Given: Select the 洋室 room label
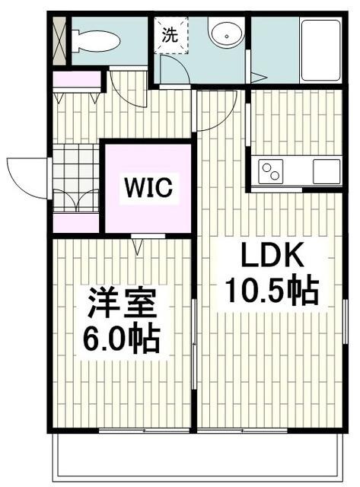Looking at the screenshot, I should pyautogui.click(x=122, y=305).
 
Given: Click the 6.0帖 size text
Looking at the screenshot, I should pyautogui.click(x=122, y=339).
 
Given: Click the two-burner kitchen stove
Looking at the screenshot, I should pyautogui.click(x=270, y=172).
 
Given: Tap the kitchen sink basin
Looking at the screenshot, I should pyautogui.click(x=326, y=170).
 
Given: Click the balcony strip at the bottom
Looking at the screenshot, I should pyautogui.click(x=198, y=457).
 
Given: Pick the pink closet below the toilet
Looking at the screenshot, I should pyautogui.click(x=77, y=79).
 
